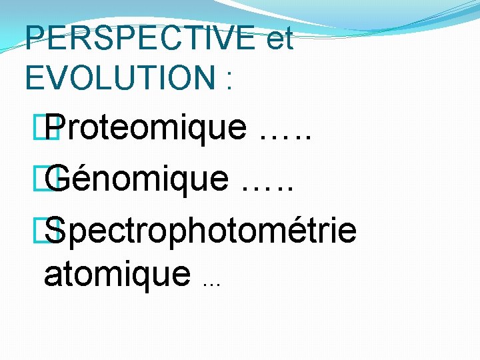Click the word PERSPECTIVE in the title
(140, 39)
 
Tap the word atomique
(117, 274)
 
